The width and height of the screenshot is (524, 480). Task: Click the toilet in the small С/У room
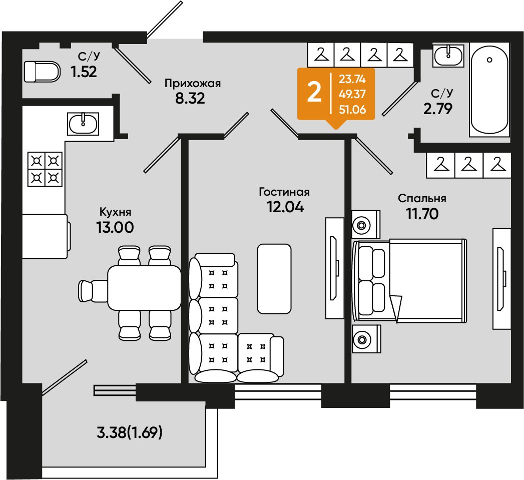tap(43, 72)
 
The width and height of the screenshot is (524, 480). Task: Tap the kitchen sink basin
tap(83, 124)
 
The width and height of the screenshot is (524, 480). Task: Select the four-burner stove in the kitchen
tap(45, 169)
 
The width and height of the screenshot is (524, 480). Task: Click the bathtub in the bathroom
tap(489, 90)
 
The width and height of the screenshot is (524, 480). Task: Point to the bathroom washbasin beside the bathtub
tap(448, 55)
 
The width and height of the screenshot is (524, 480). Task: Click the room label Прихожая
tap(193, 83)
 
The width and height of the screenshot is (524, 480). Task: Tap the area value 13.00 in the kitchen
tap(115, 227)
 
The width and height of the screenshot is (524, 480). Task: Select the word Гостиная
tap(284, 192)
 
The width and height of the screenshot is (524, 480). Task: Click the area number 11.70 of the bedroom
tap(422, 214)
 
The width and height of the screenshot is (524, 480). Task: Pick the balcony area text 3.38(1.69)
tap(129, 433)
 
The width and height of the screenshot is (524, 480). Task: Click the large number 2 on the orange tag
tap(314, 93)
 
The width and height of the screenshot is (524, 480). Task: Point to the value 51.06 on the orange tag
tap(352, 109)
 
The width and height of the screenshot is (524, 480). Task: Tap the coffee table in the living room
tap(274, 279)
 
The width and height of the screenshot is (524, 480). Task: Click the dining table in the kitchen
tap(144, 287)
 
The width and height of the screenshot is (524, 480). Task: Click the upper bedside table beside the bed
tap(366, 224)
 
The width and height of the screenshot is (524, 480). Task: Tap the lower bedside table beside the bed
tap(366, 339)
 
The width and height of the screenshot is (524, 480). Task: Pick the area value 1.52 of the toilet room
tap(84, 72)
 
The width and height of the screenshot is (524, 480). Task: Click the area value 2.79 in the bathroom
tap(438, 109)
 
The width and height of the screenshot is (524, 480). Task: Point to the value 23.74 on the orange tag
tap(352, 79)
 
